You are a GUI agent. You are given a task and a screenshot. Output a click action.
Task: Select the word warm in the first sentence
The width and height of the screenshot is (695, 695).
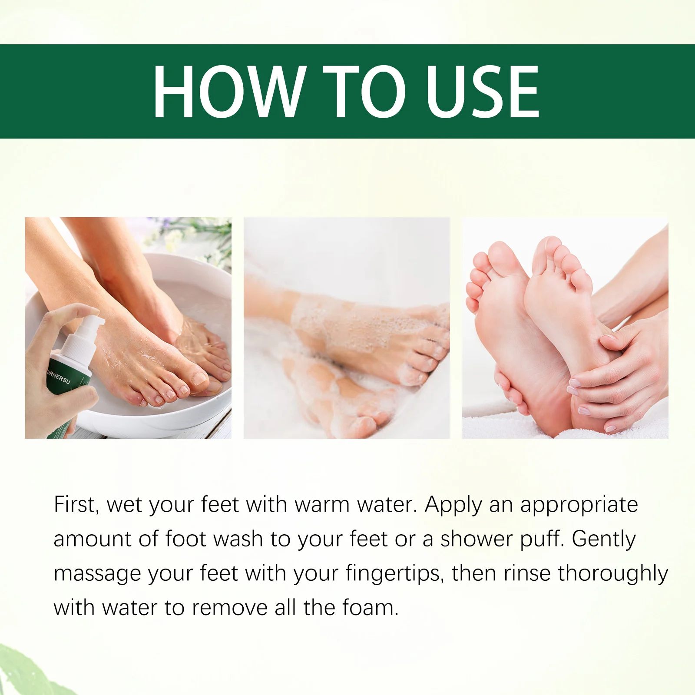tap(321, 505)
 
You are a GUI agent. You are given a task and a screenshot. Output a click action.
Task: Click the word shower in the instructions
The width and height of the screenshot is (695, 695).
tap(477, 539)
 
